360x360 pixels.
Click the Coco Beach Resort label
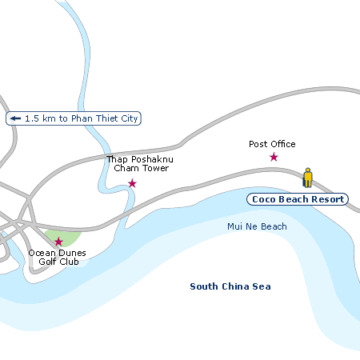coord(297,199)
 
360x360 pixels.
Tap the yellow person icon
coord(307,177)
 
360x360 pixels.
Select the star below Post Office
coord(274,157)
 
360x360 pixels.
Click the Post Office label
coord(272,144)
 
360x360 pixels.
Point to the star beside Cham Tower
coord(132,183)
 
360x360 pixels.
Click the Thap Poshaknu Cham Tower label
coord(140,164)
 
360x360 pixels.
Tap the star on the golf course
coord(58,241)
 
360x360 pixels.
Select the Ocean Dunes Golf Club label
coord(58,257)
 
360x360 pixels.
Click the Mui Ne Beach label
coord(257,226)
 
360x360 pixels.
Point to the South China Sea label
coord(230,286)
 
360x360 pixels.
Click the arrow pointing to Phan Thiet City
coord(15,118)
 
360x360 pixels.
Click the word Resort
coord(326,199)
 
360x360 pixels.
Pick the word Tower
coord(159,169)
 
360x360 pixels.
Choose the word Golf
coord(50,262)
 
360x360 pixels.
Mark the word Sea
coord(262,286)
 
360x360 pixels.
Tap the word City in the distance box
coord(130,118)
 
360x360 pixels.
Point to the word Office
coord(282,144)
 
